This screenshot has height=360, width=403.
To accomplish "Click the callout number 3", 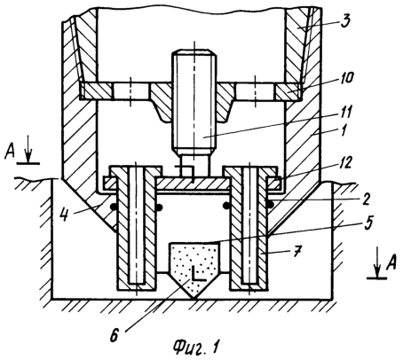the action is [344, 20].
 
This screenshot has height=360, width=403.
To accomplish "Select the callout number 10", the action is [344, 78].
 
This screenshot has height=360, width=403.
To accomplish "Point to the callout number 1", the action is [344, 129].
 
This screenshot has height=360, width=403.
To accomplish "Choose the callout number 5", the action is [368, 223].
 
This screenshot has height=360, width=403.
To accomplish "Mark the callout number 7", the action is [297, 252].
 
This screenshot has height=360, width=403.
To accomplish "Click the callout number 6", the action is [115, 335].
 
